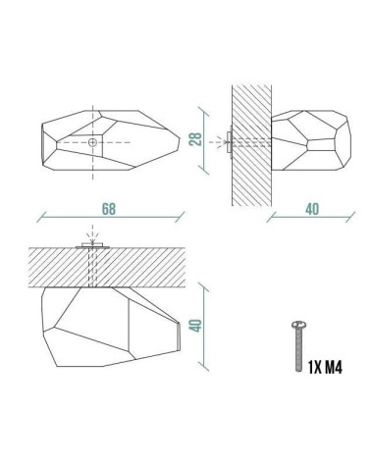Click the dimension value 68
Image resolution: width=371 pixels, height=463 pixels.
109,209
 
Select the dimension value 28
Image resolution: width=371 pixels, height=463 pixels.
196,139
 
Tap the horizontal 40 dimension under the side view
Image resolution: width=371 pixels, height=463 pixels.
312,209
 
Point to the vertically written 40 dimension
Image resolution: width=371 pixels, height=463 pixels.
195,326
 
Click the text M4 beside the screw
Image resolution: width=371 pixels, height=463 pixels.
334,368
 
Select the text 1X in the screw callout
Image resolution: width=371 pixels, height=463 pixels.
315,368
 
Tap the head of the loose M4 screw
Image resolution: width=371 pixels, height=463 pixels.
298,325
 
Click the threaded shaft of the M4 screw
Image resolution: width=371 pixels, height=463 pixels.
298,350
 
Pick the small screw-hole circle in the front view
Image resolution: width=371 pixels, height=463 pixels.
92,142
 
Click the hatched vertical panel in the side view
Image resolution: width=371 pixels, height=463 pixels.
251,145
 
